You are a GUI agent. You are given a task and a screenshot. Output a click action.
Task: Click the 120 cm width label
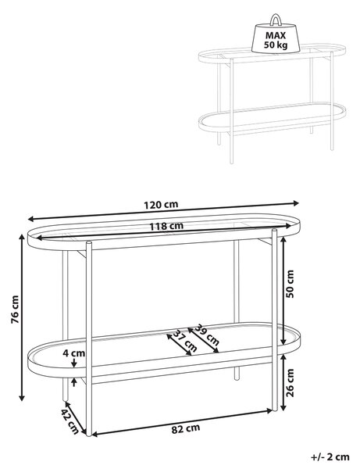pos(161,205)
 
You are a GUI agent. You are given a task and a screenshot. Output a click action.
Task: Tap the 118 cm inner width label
pos(166,226)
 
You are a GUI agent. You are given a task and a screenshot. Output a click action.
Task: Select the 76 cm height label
pos(15,310)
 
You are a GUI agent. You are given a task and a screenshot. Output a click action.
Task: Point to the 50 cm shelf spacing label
pos(290,284)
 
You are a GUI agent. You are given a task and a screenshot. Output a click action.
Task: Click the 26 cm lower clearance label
pos(290,382)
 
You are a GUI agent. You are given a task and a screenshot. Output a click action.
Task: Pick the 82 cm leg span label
pos(186,429)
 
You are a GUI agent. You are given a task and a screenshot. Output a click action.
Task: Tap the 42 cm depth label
pos(70,422)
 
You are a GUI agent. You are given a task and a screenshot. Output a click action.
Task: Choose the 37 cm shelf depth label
pos(185,341)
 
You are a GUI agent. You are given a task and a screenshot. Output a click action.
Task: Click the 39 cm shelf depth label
pos(207,335)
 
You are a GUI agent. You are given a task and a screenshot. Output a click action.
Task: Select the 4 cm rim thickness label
pos(73,353)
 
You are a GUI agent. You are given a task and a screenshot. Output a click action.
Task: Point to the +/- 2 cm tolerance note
pos(330,457)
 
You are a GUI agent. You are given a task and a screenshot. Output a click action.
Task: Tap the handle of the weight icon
pos(275,20)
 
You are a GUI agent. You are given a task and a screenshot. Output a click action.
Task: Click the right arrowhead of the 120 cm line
pos(296,203)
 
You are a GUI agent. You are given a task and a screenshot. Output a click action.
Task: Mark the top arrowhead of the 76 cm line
pos(22,237)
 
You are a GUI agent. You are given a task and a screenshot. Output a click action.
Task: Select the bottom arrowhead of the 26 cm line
pos(283,407)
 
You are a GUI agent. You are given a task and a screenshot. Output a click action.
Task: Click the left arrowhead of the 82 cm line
pos(94,434)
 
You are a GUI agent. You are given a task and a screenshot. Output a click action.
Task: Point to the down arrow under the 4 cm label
pos(74,363)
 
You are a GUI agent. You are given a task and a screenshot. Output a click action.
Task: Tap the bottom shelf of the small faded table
pos(273,119)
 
